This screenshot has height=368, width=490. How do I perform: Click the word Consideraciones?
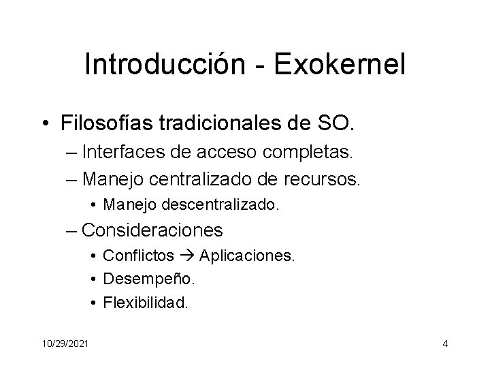[x=152, y=230]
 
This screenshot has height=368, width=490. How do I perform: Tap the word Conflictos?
[x=138, y=256]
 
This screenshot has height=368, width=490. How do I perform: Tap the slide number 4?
[x=445, y=343]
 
